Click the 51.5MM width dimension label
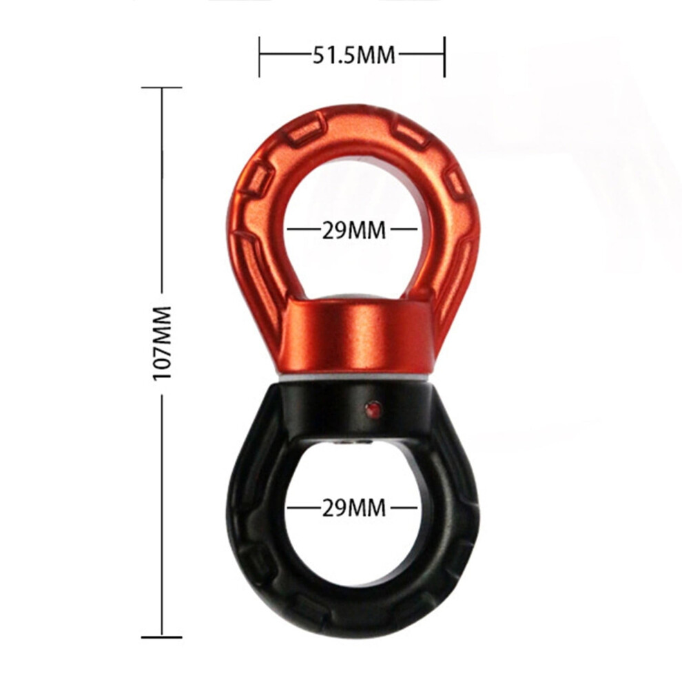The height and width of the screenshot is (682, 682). coord(353,56)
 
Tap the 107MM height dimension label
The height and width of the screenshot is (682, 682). coord(162,343)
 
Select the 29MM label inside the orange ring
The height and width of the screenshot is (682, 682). coord(353,230)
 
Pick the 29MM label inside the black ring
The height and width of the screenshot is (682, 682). coord(353,508)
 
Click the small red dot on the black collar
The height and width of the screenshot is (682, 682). coord(373,409)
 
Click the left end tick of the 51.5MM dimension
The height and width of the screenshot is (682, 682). coord(260,56)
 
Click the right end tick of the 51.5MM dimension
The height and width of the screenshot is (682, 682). coord(444,56)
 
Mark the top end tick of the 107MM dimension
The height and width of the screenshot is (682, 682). coord(162,87)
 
